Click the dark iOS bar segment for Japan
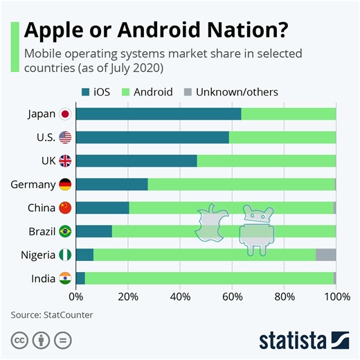[159, 114]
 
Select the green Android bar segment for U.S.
[282, 137]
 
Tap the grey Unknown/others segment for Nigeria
[325, 255]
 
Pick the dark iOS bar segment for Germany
[111, 184]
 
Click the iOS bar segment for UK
[136, 161]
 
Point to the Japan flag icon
[65, 114]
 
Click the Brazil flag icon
[65, 231]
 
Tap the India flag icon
[65, 278]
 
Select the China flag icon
[65, 208]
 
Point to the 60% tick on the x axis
[232, 298]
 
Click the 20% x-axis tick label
[128, 298]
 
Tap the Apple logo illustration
[212, 224]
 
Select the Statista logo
[304, 340]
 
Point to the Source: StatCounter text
[52, 314]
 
